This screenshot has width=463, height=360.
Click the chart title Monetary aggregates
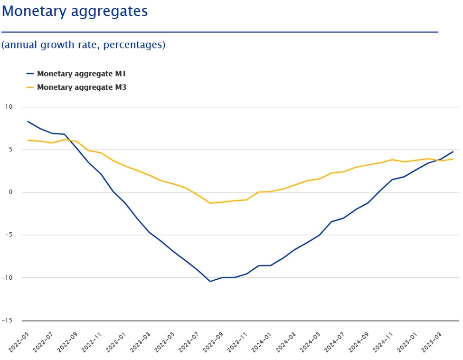pos(75,11)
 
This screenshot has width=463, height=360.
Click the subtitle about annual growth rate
pos(83,45)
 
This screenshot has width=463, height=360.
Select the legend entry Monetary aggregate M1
pos(81,74)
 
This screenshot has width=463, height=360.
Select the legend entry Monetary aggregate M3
pos(81,87)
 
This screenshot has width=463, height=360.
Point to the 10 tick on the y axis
pos(9,107)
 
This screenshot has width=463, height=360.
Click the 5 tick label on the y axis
pos(10,150)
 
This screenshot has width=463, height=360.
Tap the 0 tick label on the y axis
pos(10,192)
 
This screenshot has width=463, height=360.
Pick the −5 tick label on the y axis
pos(9,235)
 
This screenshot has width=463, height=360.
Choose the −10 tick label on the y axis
pos(7,278)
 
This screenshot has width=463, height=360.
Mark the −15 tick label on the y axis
pos(7,321)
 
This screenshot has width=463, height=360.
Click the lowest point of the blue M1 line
pos(210,282)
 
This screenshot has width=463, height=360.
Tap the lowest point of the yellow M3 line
pos(210,203)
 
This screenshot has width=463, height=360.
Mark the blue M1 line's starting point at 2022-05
pos(28,122)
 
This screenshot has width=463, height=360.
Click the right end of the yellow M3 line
pos(453,159)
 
